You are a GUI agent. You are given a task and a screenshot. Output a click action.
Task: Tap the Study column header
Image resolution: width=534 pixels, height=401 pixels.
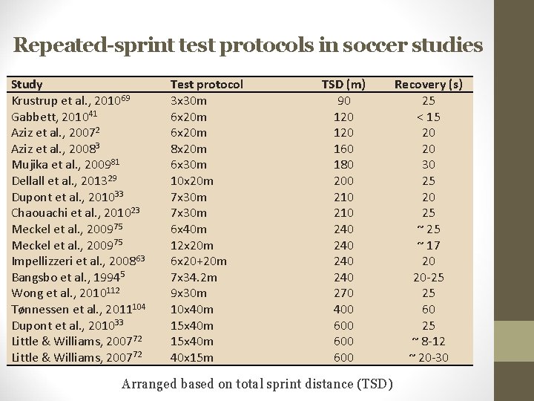(27, 85)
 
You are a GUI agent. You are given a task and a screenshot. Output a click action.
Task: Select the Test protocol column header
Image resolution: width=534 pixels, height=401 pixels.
(207, 85)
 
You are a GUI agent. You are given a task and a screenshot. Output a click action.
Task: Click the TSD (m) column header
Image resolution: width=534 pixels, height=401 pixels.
(344, 85)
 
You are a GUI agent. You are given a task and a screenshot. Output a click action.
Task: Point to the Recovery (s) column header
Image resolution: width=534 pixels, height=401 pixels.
(429, 85)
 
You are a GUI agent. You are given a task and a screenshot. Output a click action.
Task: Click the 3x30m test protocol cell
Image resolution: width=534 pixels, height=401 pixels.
(188, 101)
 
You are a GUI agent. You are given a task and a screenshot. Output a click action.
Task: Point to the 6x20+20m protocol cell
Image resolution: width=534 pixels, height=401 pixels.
(199, 261)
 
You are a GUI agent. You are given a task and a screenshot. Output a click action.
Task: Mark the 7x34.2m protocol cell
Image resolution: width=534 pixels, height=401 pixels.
(195, 277)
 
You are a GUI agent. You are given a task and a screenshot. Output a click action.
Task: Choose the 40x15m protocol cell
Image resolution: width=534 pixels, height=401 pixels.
(191, 357)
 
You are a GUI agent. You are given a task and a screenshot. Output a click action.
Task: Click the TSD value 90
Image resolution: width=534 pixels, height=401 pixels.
(344, 101)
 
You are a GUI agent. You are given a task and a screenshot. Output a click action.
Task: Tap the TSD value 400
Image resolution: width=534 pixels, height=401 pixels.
(344, 309)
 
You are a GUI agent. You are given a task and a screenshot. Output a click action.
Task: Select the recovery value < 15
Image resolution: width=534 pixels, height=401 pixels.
(429, 117)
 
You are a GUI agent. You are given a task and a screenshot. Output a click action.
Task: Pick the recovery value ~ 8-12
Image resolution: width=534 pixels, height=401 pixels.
(429, 341)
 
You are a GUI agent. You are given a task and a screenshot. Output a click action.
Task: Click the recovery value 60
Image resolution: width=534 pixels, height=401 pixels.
(429, 309)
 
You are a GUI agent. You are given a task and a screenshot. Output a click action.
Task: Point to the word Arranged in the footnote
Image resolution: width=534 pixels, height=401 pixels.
(151, 384)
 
